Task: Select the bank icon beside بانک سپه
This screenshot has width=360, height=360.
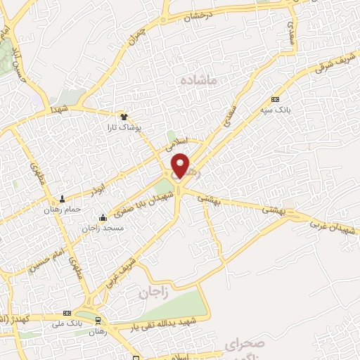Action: [x=275, y=99]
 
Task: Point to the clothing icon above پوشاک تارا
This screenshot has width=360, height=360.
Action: [x=124, y=117]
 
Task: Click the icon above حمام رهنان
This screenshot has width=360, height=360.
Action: [x=63, y=199]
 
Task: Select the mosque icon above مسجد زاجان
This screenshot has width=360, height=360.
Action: [x=103, y=217]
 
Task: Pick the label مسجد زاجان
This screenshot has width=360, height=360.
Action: [x=103, y=228]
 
